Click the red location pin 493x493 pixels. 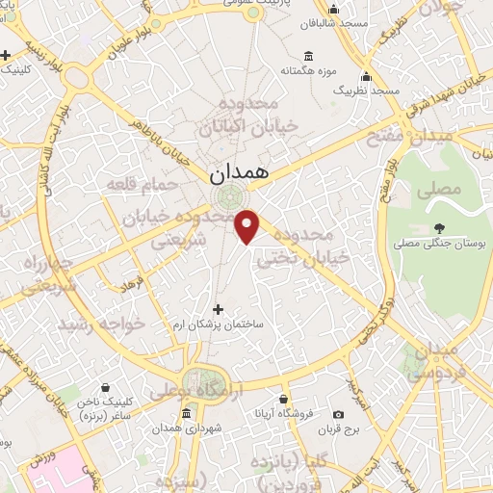coord(248,225)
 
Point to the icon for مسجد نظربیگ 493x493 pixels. coord(365,76)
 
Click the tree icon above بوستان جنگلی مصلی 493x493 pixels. coord(439,228)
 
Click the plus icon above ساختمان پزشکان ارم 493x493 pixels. coord(218,309)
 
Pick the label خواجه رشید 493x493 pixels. coord(101,324)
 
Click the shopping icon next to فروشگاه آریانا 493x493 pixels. coord(283,399)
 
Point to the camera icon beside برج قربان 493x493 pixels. coord(338,414)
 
